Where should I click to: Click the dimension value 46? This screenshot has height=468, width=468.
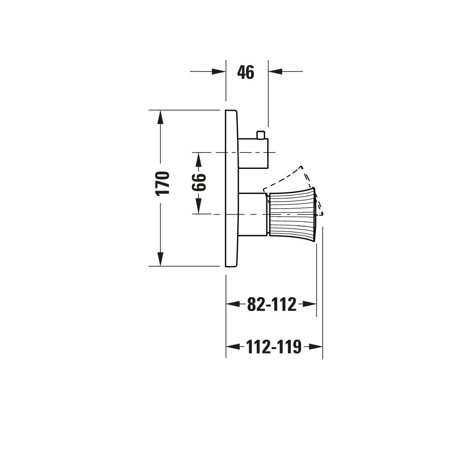[246, 72]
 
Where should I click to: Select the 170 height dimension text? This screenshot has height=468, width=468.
[162, 184]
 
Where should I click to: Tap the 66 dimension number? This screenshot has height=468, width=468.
[199, 182]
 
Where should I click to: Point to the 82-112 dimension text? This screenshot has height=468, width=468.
[271, 304]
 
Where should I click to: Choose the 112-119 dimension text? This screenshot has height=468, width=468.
[274, 347]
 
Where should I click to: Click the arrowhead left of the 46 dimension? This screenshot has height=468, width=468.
[218, 71]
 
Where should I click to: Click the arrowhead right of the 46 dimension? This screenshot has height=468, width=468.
[275, 71]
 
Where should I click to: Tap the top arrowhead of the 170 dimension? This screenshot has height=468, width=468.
[160, 117]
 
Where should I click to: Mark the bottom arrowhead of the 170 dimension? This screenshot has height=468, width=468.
[160, 259]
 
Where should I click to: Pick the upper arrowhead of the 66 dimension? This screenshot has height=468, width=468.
[199, 160]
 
